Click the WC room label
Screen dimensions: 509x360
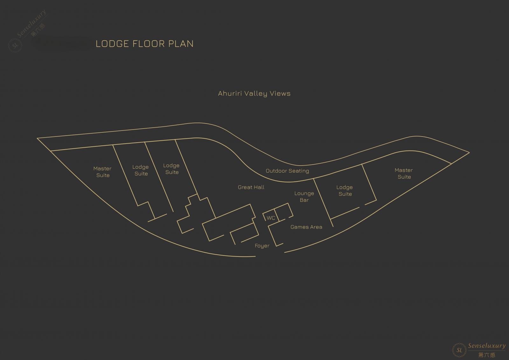(x=271, y=218)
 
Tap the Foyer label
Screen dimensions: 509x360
(x=262, y=246)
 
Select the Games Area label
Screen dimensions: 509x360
(x=306, y=227)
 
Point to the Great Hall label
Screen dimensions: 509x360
(x=251, y=187)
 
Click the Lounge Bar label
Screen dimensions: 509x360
(x=304, y=197)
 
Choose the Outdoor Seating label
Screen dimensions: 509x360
(x=287, y=171)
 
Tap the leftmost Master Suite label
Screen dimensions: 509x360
(x=102, y=172)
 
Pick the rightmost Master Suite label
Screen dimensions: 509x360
(x=404, y=173)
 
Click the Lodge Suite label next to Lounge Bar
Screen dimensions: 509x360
(x=345, y=191)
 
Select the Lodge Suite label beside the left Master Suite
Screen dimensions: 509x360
(x=141, y=170)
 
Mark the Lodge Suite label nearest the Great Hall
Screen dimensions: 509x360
(x=171, y=169)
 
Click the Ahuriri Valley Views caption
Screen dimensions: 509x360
(x=254, y=94)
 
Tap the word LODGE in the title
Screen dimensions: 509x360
(x=112, y=44)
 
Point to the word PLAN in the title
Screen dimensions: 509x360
(x=181, y=44)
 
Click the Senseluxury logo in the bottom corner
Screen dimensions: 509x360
(x=479, y=350)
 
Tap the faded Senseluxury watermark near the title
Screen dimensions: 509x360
(x=27, y=31)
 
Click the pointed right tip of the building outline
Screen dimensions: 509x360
(x=469, y=152)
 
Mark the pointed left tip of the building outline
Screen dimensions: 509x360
(x=37, y=138)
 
